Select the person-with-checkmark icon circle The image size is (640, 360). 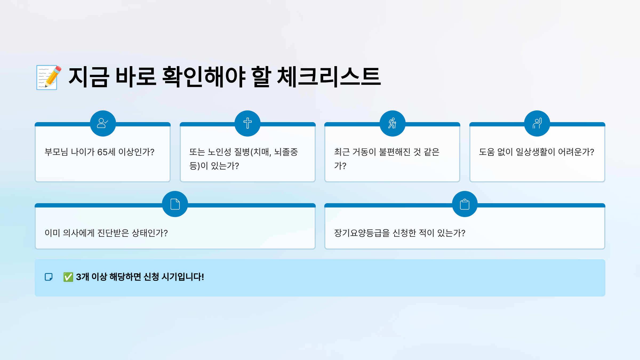pyautogui.click(x=103, y=123)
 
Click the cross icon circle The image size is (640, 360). pyautogui.click(x=247, y=123)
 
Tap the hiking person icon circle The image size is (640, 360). pyautogui.click(x=392, y=123)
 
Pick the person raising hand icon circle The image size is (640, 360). pyautogui.click(x=537, y=123)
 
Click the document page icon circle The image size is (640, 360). pyautogui.click(x=175, y=204)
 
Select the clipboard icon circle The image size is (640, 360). pyautogui.click(x=465, y=204)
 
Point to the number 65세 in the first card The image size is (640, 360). pyautogui.click(x=106, y=152)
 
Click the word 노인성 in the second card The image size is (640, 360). pyautogui.click(x=219, y=152)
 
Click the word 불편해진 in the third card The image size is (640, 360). pyautogui.click(x=395, y=152)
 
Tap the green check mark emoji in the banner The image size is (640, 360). pyautogui.click(x=68, y=277)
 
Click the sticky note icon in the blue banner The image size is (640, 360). pyautogui.click(x=49, y=277)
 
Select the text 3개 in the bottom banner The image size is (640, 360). pyautogui.click(x=82, y=277)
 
